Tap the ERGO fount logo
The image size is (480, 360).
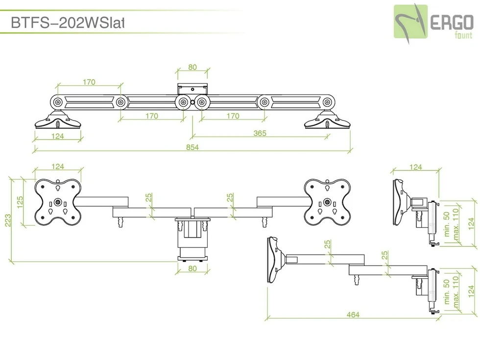[433, 22]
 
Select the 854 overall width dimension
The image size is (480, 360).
[192, 148]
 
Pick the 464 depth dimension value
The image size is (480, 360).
[353, 314]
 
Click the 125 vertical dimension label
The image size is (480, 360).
[20, 202]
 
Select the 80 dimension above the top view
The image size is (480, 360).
[192, 67]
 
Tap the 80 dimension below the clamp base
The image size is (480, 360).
[192, 268]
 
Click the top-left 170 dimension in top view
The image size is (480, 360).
[89, 82]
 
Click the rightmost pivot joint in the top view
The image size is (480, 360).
[327, 102]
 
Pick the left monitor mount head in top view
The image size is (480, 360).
[58, 120]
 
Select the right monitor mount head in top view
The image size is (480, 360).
[328, 120]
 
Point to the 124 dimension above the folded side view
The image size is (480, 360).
[415, 167]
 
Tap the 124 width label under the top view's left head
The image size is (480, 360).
[58, 136]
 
